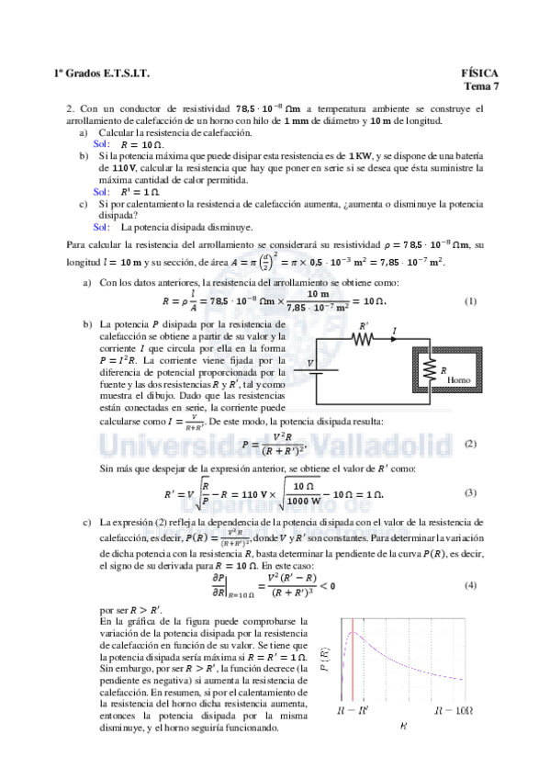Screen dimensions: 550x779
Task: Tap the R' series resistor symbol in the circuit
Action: click(x=365, y=337)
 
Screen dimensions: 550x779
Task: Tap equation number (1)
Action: click(x=471, y=301)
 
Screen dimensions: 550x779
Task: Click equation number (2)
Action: click(x=471, y=443)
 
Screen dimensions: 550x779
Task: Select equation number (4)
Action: click(x=471, y=585)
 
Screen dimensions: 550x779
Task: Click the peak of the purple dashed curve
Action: click(x=357, y=633)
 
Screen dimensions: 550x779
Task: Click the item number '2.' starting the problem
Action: click(x=71, y=108)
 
